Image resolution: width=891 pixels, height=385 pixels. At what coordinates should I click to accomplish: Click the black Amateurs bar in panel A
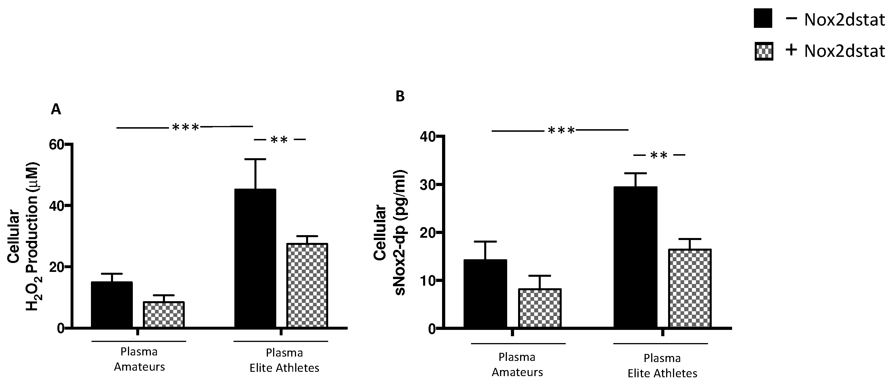click(112, 305)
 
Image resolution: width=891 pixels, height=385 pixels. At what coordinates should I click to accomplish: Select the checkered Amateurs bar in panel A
click(164, 315)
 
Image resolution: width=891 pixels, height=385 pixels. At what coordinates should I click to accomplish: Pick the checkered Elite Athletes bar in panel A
click(307, 286)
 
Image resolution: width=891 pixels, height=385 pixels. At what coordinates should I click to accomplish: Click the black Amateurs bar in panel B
click(485, 294)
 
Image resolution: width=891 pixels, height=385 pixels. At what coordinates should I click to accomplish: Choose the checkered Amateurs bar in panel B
click(540, 308)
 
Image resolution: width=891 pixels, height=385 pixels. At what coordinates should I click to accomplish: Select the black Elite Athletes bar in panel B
click(635, 257)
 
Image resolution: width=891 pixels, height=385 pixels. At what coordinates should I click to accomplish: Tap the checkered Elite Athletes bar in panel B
click(690, 288)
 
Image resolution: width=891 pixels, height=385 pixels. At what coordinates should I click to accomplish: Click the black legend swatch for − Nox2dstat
click(763, 19)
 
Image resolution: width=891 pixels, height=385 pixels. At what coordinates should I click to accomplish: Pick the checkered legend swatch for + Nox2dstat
click(764, 51)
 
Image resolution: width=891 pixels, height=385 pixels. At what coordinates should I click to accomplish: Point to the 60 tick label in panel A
click(57, 145)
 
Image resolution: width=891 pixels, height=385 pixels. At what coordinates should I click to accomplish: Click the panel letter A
click(56, 109)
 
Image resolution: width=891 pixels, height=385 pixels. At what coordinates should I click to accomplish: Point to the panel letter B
click(400, 96)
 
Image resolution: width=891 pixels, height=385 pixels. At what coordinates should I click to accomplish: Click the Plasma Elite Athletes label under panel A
click(284, 360)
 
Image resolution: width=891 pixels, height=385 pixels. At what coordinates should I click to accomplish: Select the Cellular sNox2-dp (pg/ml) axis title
click(390, 233)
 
